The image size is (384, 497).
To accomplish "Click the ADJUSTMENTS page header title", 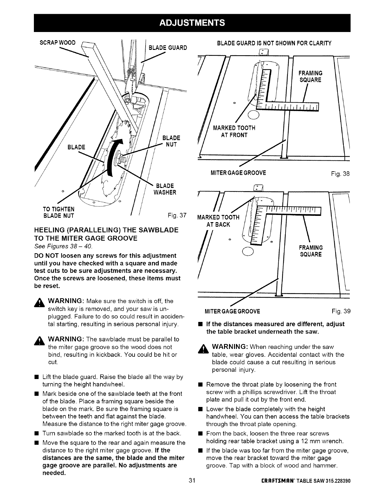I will click(192, 23).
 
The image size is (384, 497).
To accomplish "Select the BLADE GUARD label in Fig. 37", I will click(168, 47).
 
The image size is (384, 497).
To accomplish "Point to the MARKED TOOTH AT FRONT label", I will click(234, 131).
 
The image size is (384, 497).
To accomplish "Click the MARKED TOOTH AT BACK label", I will click(218, 221).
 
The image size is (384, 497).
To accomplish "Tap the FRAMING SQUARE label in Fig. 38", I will click(310, 77).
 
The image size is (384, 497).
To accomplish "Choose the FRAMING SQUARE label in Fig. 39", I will click(310, 251).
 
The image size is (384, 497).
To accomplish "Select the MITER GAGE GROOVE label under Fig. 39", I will click(232, 311).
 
